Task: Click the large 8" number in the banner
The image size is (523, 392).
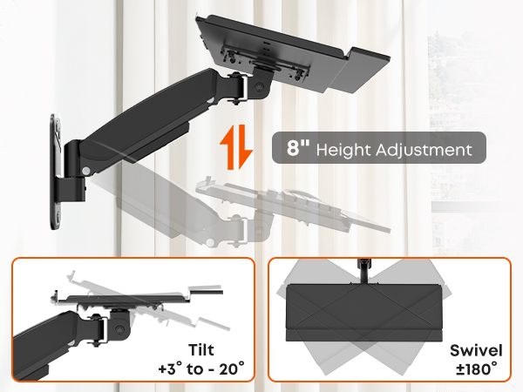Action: tap(298, 147)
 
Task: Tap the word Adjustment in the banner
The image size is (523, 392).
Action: tap(424, 150)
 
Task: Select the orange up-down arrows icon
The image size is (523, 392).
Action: tap(236, 147)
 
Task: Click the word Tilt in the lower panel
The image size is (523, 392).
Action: tap(201, 350)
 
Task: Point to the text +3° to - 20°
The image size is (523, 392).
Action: tap(201, 369)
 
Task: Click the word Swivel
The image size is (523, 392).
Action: tap(476, 351)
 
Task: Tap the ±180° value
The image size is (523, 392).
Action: tap(476, 369)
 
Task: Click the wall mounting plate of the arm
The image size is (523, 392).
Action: tap(55, 172)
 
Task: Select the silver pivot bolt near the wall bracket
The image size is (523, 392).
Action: tap(86, 171)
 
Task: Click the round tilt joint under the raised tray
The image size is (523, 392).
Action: tap(259, 86)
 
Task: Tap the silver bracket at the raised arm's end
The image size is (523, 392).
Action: tap(243, 88)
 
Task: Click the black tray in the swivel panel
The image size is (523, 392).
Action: tap(364, 313)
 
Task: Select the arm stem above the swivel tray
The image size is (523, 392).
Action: tap(363, 270)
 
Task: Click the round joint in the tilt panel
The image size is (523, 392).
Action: tap(119, 328)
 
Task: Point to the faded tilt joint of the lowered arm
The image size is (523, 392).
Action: tap(259, 230)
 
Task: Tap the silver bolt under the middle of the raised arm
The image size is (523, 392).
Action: tap(210, 100)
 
